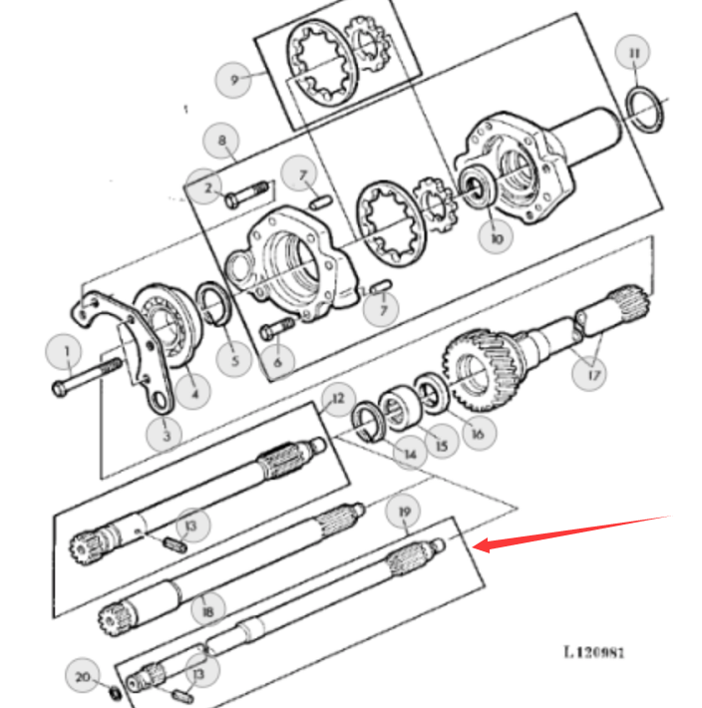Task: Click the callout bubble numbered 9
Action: click(233, 80)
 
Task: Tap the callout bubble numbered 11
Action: click(633, 53)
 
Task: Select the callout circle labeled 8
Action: click(221, 141)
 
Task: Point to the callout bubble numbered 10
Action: click(496, 237)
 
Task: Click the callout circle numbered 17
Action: click(589, 373)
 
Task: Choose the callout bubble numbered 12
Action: click(339, 398)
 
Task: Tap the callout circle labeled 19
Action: click(404, 511)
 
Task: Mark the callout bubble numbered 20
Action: click(83, 676)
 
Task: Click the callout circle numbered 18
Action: click(207, 610)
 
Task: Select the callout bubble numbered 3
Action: click(165, 435)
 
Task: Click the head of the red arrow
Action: click(473, 545)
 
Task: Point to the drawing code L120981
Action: click(594, 652)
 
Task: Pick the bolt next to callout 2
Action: click(247, 193)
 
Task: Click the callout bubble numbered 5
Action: click(234, 360)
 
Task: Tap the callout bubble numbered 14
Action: click(410, 453)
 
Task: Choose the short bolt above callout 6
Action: click(277, 328)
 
